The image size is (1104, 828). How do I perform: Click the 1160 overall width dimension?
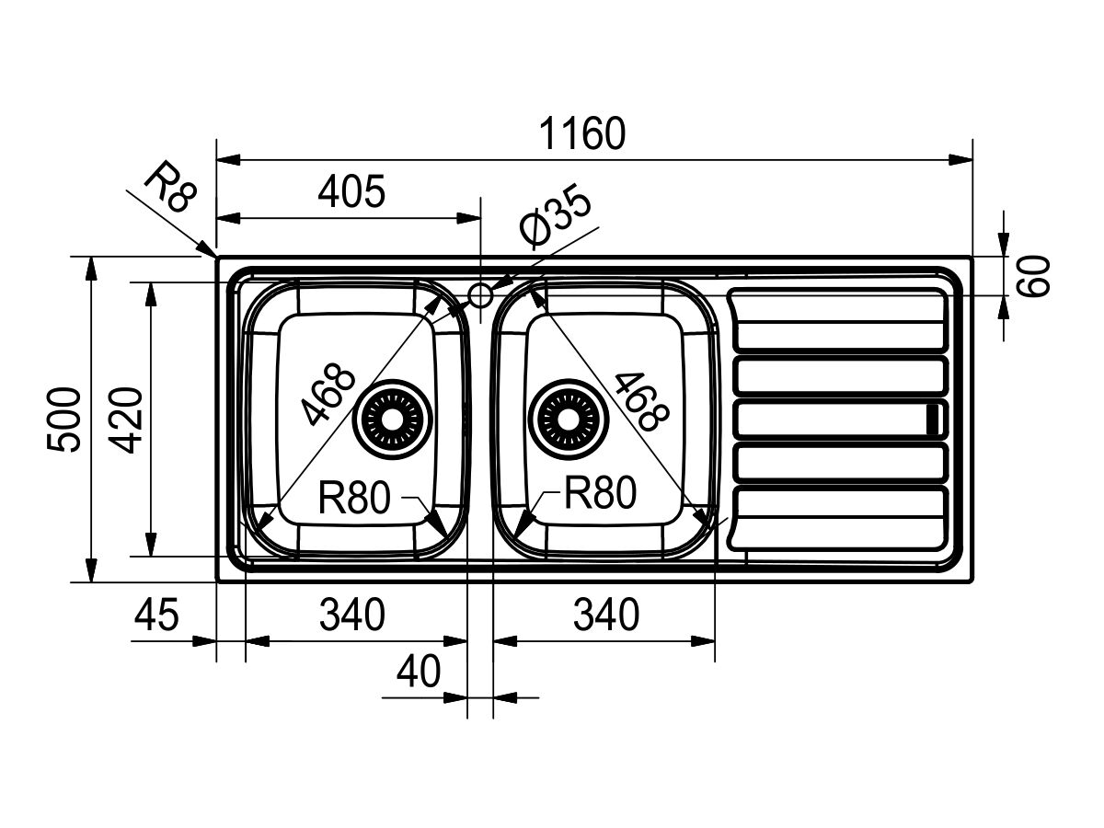[x=582, y=133]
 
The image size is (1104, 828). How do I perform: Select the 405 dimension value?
[x=351, y=191]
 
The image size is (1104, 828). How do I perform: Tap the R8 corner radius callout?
[x=169, y=187]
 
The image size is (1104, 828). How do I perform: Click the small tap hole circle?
[x=480, y=295]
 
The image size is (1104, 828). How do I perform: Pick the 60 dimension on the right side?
[x=1033, y=276]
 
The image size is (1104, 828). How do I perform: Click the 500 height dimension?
[x=63, y=420]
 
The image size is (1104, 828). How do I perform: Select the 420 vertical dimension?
[x=126, y=420]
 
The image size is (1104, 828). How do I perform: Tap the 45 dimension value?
[x=156, y=615]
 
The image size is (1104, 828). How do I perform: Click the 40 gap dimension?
[x=419, y=672]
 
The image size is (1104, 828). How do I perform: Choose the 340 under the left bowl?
[x=352, y=615]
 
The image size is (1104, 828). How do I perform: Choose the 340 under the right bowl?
[x=606, y=615]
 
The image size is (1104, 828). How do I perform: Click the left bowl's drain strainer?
[x=392, y=420]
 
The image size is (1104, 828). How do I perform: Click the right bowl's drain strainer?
[x=568, y=420]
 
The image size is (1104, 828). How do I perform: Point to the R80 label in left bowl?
[x=354, y=497]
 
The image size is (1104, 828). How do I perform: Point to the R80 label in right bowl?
[x=601, y=491]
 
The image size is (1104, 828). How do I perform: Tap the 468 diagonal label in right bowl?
[x=642, y=401]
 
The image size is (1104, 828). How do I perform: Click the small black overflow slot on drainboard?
[x=933, y=419]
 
